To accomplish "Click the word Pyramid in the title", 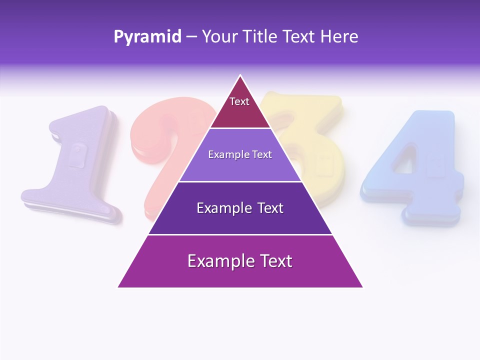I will tap(147, 37).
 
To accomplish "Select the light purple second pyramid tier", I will tap(240, 155).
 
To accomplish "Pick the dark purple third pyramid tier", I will tap(240, 208).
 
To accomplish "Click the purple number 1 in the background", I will tap(75, 165).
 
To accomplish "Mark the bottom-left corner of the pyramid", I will tap(119, 286).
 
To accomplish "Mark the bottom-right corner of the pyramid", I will tap(362, 286).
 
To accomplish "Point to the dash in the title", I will tap(191, 37).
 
